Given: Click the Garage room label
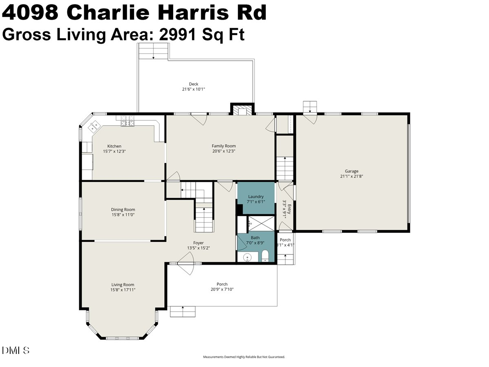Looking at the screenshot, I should pos(351,171).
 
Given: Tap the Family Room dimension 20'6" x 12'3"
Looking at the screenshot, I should pos(223,151).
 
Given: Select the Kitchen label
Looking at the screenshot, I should pos(114,146).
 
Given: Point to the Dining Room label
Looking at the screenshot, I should pos(123,210).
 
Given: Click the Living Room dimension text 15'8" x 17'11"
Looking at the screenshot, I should pos(123,290).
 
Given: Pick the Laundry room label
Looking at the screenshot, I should pos(256,197).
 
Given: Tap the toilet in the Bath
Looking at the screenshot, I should pos(265,256).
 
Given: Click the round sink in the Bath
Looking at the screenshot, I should pos(248,257).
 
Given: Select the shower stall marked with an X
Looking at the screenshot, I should pos(261,224).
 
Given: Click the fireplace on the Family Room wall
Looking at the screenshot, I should pos(242,110).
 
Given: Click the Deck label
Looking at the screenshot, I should pos(194,84).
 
